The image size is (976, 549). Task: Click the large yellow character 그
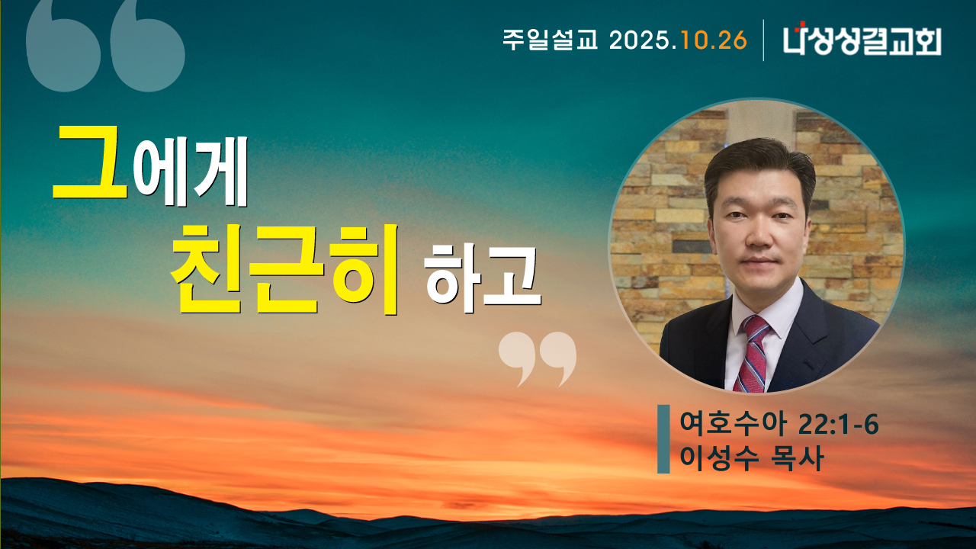tap(90, 162)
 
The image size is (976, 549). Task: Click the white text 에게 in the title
tap(191, 178)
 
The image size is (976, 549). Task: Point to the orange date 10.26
tap(714, 40)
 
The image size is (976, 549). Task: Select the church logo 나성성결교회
tap(862, 40)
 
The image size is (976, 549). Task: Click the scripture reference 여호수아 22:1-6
tap(779, 424)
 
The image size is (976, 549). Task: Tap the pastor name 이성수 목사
tap(751, 459)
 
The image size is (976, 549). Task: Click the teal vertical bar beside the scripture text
tap(663, 439)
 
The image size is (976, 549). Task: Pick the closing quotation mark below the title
tap(538, 358)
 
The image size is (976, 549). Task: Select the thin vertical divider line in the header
tap(763, 40)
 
